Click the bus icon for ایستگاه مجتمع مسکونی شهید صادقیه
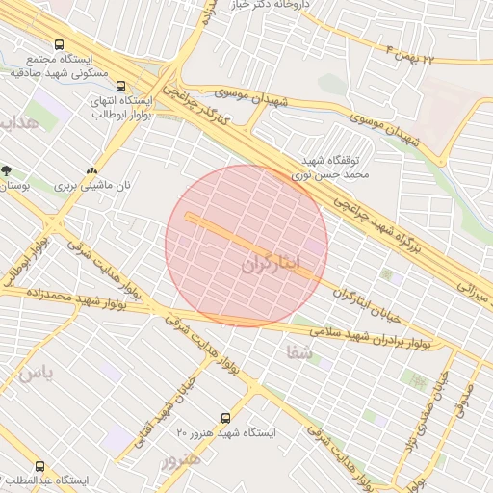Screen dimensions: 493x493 (60, 45)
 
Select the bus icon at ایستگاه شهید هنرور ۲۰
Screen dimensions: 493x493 (225, 418)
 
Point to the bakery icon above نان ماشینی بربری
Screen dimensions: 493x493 (91, 166)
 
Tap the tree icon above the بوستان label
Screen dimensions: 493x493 (7, 170)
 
